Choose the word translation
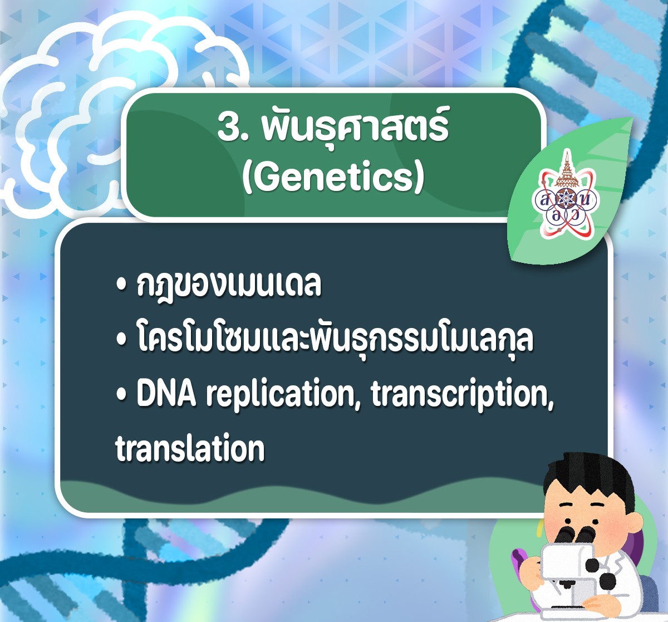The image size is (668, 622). point(190,448)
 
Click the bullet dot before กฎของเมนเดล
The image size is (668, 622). point(121,286)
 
